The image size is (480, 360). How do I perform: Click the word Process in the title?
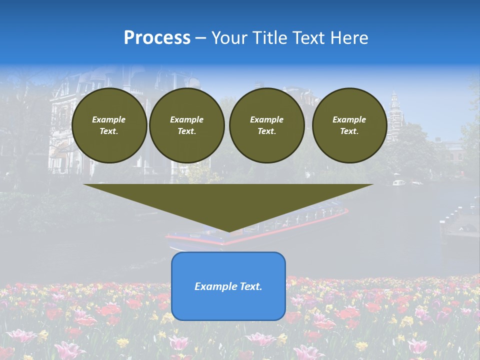tap(157, 38)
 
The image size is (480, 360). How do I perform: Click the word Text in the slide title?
tap(310, 38)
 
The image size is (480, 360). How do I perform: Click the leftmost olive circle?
tap(109, 125)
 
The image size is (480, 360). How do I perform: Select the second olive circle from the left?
tap(186, 125)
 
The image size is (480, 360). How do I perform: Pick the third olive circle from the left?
tap(266, 125)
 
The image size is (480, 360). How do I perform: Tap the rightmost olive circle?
tap(349, 125)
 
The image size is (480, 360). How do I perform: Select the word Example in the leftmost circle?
tap(109, 119)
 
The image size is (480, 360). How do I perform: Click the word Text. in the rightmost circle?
tap(349, 131)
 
